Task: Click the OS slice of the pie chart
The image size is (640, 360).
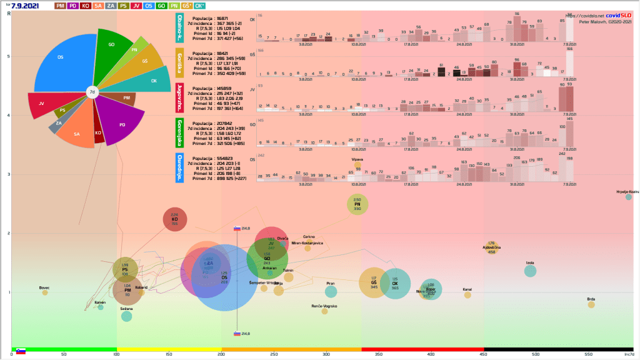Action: [59, 69]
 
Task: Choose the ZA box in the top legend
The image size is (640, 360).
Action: [111, 6]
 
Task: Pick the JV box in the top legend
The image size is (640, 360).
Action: [136, 6]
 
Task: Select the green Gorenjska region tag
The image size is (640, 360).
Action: [180, 131]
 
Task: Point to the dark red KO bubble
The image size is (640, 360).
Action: [175, 220]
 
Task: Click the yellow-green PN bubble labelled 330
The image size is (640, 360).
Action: [357, 204]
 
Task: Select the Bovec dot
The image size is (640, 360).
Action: [44, 292]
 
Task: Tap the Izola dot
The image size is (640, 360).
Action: [530, 271]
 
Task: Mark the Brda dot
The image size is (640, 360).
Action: [591, 304]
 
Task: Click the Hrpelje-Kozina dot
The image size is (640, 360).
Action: [629, 197]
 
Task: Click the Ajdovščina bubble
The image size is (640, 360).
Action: [491, 249]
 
